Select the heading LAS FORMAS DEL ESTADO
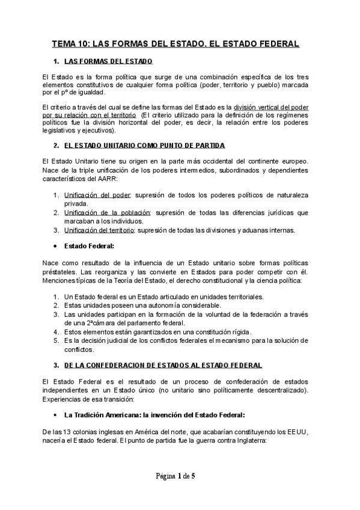[108, 61]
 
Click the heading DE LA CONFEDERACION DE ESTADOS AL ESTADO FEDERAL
[162, 365]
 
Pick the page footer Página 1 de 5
[175, 476]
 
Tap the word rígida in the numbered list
[240, 331]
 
